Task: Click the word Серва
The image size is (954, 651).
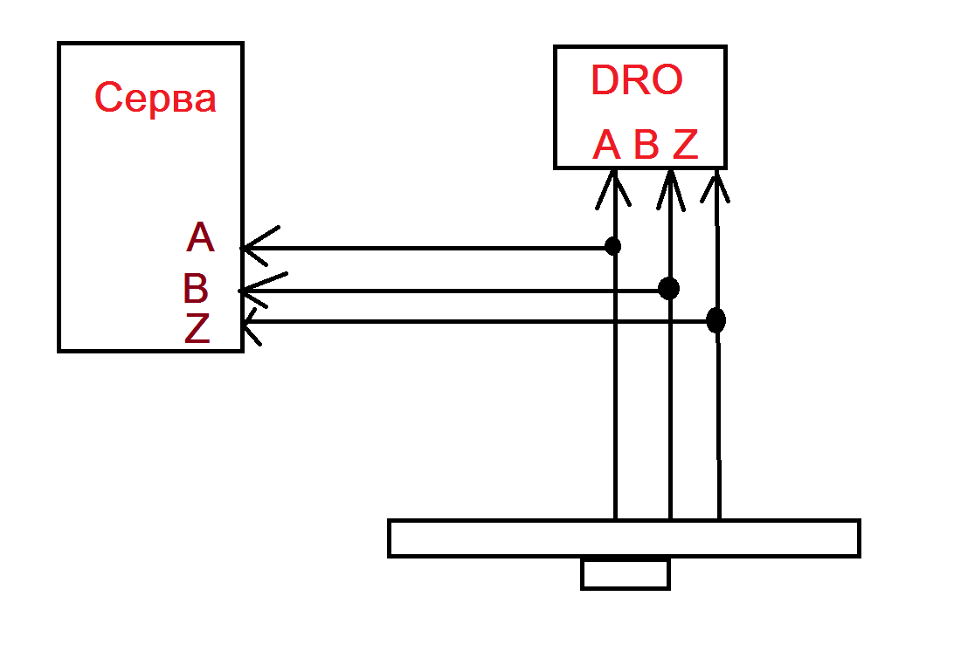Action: point(155,98)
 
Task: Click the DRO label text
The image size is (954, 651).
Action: point(636,80)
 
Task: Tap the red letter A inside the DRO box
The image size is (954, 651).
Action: point(606,144)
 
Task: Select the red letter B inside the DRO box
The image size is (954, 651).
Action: point(646,144)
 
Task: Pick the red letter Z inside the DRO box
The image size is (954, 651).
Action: point(686,144)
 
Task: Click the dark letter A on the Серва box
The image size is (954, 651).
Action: point(199,237)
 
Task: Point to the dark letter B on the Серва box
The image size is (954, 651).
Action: point(196,288)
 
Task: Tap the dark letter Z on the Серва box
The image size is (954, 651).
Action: point(197,328)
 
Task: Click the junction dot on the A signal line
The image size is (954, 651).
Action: point(613,246)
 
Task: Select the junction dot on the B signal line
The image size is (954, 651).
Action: point(668,288)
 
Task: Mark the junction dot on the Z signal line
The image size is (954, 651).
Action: point(715,320)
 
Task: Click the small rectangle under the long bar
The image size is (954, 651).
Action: point(625,574)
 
